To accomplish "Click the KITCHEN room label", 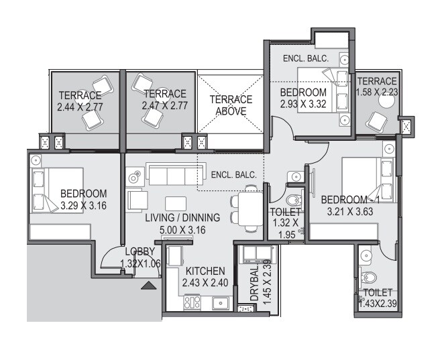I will point(205,271).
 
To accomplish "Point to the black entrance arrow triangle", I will point(149,286).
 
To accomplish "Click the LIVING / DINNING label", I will point(182,218).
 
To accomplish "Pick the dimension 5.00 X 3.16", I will point(182,229).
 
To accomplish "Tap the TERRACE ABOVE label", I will point(231,105).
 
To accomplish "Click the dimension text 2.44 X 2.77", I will point(79,106).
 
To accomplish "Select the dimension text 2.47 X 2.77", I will point(164,106).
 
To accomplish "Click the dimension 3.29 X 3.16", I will point(83,206).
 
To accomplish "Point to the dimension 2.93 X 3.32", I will point(303,104).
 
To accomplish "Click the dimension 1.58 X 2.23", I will point(377,93).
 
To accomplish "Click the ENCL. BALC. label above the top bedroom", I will point(305,58).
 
